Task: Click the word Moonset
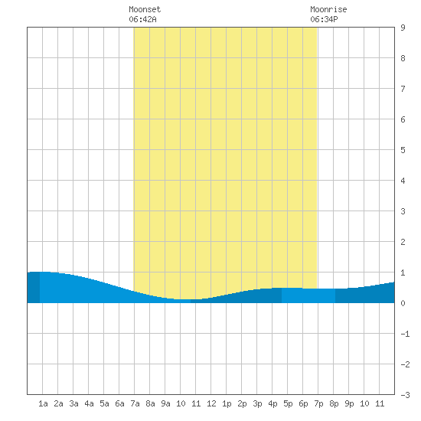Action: [x=145, y=9]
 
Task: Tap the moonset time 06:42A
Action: [x=142, y=19]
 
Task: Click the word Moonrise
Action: [x=328, y=9]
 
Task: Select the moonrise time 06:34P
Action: [x=324, y=19]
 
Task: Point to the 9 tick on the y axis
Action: [x=403, y=28]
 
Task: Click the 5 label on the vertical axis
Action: [x=403, y=150]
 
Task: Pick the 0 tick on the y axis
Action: [x=403, y=303]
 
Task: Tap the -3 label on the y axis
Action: [x=405, y=395]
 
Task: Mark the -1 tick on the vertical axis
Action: [x=405, y=334]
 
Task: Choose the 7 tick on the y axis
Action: [x=403, y=89]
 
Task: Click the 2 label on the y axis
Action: [x=403, y=242]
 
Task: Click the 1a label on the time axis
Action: [x=43, y=403]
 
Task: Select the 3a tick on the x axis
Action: [x=73, y=403]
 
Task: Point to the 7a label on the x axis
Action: [x=135, y=403]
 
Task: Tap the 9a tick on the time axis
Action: [x=165, y=403]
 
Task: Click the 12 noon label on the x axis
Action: [x=211, y=403]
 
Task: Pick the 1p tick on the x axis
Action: [x=227, y=403]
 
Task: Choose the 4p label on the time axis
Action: [x=273, y=403]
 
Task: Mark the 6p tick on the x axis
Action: [x=303, y=403]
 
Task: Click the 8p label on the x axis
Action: [x=334, y=403]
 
